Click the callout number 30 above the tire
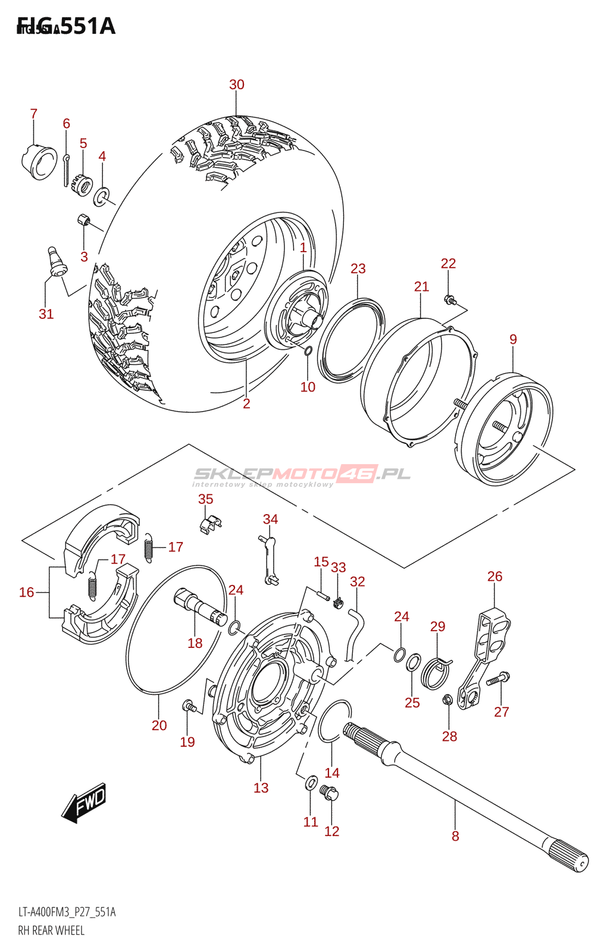coord(237,84)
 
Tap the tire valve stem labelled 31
coord(56,261)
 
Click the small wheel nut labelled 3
coord(84,221)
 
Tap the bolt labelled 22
coord(450,300)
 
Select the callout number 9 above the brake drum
coord(513,339)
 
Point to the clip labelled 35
coord(209,524)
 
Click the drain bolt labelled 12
coord(329,793)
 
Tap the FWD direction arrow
coord(85,802)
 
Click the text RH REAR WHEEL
coord(51,931)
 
